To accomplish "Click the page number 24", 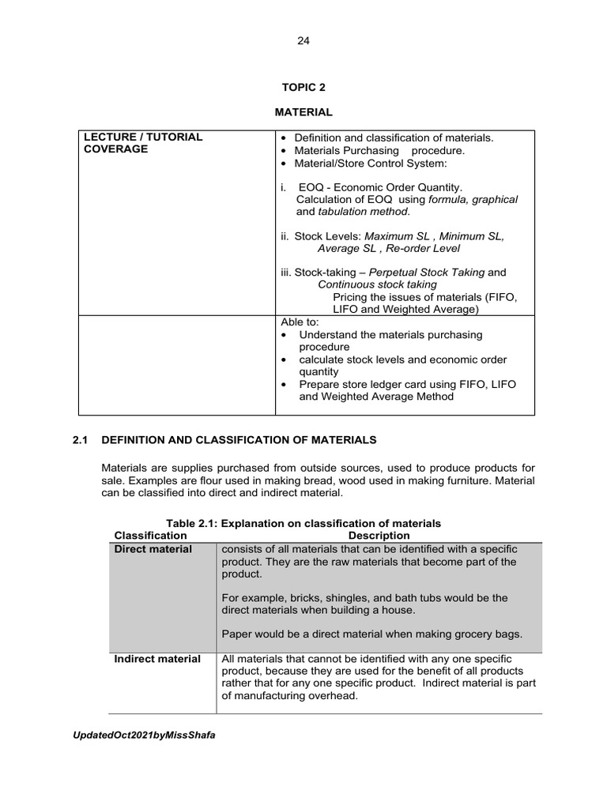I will (303, 42).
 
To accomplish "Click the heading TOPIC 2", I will (303, 88).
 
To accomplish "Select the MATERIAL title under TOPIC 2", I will (303, 113).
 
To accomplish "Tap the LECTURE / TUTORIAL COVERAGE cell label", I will (143, 143).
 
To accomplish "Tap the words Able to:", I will (298, 322).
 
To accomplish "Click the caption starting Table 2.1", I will (303, 523).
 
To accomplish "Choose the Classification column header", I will (150, 536).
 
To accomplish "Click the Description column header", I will (379, 536).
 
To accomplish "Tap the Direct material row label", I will (153, 549).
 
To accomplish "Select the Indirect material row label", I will (156, 659).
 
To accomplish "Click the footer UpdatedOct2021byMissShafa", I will (144, 735).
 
